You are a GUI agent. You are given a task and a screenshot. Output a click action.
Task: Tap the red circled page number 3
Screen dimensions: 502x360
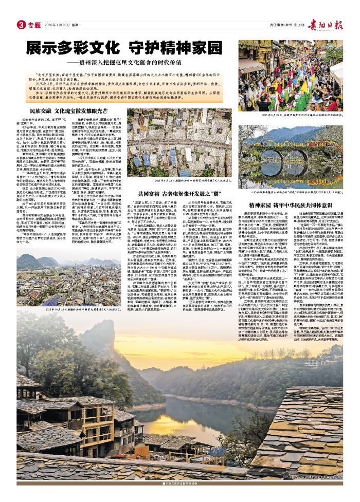pos(21,25)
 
